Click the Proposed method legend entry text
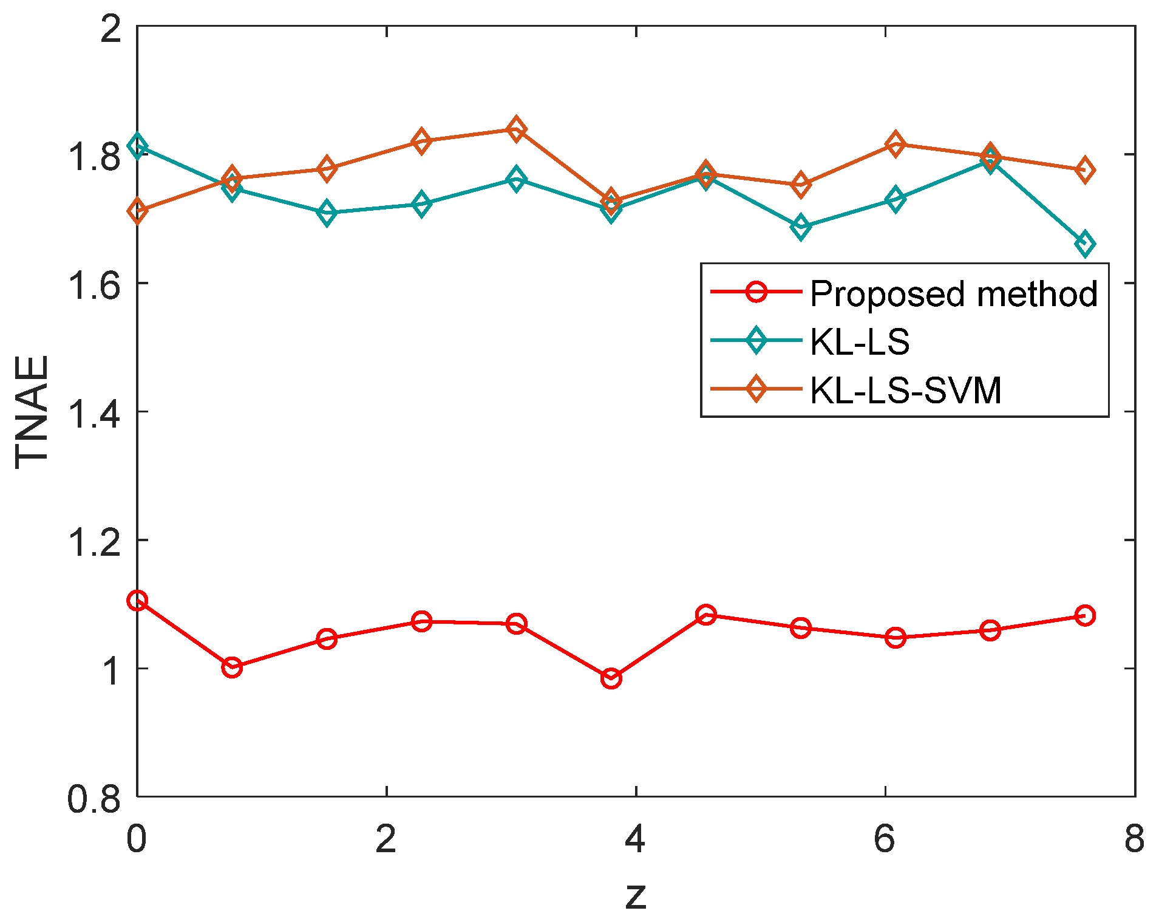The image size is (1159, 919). point(953,294)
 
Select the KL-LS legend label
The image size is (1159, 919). point(859,341)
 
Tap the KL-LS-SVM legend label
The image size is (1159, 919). point(905,389)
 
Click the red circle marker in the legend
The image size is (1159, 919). point(756,291)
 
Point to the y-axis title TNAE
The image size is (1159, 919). point(32,411)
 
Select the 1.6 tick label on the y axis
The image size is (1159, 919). point(93,284)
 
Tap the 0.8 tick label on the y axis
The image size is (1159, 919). point(93,798)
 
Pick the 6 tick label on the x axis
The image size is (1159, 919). point(885,839)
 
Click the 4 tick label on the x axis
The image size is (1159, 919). point(635,839)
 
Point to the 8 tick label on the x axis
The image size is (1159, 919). point(1134,839)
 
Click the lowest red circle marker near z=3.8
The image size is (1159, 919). point(611,678)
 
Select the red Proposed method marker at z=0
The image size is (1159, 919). point(137,601)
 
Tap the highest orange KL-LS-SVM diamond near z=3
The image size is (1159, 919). point(516,129)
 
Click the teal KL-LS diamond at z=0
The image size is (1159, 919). point(137,146)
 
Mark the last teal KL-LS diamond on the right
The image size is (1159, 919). point(1084,244)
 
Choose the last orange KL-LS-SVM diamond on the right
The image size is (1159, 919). point(1084,170)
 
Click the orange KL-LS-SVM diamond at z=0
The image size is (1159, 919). point(137,211)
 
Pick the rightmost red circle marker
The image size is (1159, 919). point(1084,615)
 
